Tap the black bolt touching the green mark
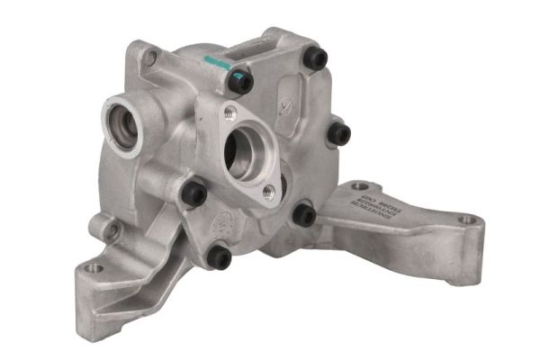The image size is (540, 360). pyautogui.click(x=240, y=82)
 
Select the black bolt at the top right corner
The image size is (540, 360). pyautogui.click(x=314, y=58)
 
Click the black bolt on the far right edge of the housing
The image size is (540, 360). pyautogui.click(x=338, y=135)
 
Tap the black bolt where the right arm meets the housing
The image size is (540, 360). pyautogui.click(x=305, y=215)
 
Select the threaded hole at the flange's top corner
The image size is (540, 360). pyautogui.click(x=230, y=112)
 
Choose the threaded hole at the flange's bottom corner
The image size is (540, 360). pyautogui.click(x=268, y=191)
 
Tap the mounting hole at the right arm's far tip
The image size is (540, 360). pyautogui.click(x=466, y=220)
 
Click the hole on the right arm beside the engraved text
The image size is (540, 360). pyautogui.click(x=359, y=186)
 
